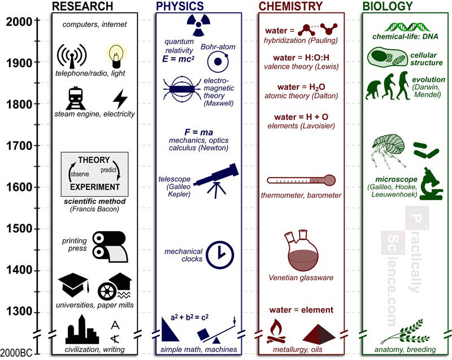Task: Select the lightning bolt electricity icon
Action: click(120, 98)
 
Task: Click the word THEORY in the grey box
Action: click(94, 161)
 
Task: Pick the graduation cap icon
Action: click(73, 285)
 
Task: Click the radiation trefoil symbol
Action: click(199, 25)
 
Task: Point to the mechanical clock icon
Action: click(220, 254)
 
